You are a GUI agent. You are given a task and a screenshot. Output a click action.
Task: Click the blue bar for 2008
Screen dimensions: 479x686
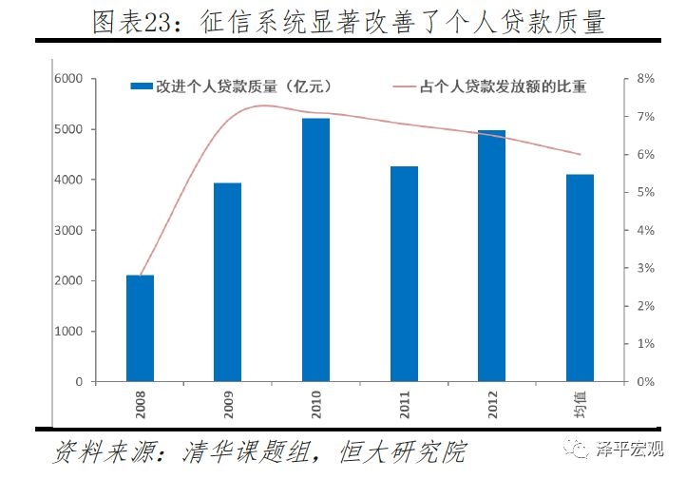point(140,329)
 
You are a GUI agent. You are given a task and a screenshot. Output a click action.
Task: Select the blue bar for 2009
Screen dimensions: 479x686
point(227,282)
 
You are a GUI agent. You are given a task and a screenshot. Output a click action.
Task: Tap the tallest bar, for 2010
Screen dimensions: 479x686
point(315,250)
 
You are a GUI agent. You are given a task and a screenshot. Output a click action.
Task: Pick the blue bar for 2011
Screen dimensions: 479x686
point(404,274)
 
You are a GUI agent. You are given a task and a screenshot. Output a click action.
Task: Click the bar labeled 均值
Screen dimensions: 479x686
point(580,278)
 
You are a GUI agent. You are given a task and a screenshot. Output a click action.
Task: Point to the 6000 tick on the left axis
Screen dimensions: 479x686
point(69,79)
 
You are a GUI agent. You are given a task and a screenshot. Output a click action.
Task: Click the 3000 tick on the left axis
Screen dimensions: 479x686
point(69,231)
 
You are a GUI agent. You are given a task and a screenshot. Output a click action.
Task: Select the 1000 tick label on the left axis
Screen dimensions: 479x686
point(69,332)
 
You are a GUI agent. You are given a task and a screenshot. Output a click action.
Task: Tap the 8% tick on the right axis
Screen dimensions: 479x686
point(645,79)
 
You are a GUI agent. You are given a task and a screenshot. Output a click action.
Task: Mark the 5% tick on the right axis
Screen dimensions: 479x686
point(645,193)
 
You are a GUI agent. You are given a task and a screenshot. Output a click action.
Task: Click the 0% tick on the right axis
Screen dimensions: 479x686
point(645,382)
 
